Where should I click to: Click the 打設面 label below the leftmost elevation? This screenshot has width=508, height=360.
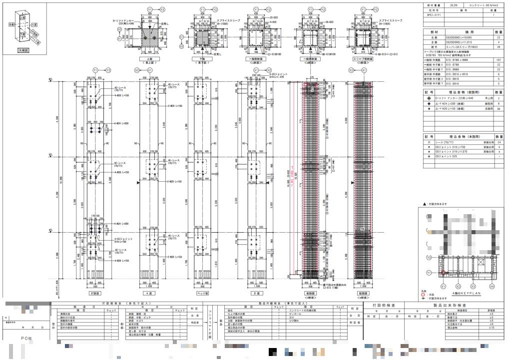[x=94, y=294]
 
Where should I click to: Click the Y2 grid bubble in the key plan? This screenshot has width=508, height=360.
[x=429, y=257]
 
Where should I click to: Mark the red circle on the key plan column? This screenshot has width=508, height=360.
[x=443, y=273]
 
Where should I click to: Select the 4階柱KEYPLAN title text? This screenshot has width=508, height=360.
[x=466, y=294]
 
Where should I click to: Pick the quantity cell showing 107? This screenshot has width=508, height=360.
[x=499, y=60]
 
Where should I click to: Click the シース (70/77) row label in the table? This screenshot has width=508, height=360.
[x=445, y=142]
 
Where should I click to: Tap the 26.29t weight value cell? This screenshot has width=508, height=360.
[x=454, y=4]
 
